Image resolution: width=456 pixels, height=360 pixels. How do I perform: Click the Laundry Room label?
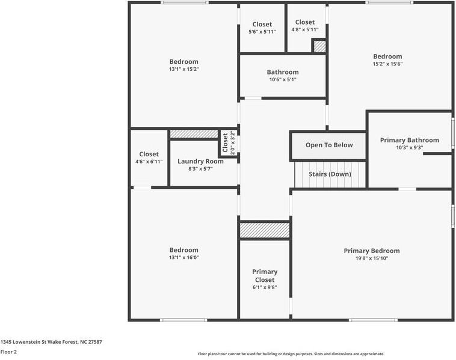click(200, 161)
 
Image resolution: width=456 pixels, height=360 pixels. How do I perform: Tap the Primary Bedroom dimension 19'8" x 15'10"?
click(371, 258)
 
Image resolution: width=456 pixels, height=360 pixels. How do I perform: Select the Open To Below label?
click(328, 145)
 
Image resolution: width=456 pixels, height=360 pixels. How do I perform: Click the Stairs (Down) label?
click(330, 174)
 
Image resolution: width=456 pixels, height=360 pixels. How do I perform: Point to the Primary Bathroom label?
click(409, 140)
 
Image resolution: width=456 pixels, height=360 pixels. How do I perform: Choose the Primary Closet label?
click(265, 276)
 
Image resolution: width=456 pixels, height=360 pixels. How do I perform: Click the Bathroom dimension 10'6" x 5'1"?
click(282, 79)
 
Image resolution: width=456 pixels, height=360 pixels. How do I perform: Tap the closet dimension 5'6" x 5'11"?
click(262, 32)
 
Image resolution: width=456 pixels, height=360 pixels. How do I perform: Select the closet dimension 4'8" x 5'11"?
click(304, 29)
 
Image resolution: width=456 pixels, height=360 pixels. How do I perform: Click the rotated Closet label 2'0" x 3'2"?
click(229, 143)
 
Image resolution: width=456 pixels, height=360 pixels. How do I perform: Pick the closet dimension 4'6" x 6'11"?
click(149, 162)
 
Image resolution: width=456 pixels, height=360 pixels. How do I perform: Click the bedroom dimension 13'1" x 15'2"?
click(183, 69)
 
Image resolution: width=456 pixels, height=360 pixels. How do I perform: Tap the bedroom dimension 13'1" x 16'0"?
click(183, 258)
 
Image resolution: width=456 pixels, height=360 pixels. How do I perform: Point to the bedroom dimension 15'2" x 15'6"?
click(387, 64)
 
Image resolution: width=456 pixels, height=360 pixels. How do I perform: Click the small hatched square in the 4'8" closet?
click(319, 46)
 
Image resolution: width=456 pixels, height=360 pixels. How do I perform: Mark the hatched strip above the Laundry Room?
click(194, 134)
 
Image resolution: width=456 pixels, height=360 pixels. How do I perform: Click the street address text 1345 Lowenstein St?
click(51, 341)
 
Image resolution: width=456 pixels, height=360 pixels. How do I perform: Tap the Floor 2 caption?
click(8, 352)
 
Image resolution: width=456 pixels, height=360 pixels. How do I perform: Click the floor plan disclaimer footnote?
click(291, 354)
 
